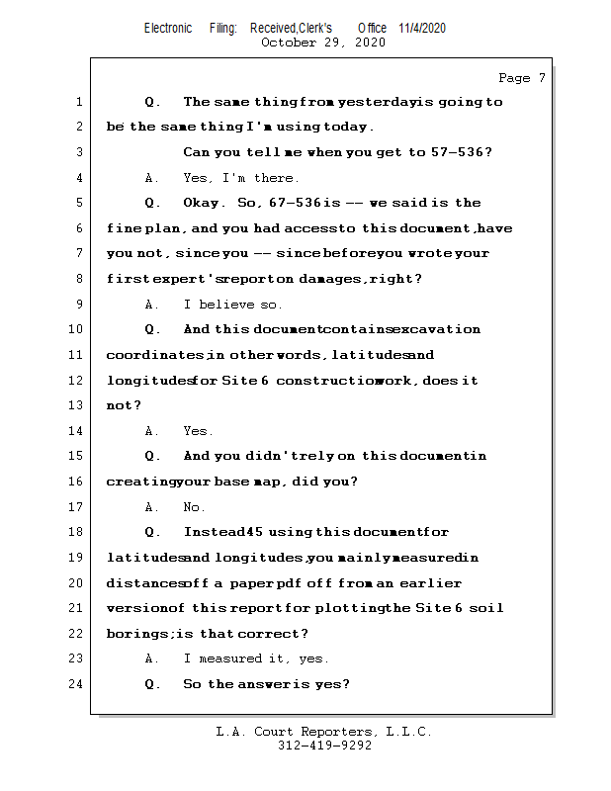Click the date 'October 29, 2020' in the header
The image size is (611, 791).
pyautogui.click(x=322, y=43)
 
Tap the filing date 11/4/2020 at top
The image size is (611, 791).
pyautogui.click(x=422, y=28)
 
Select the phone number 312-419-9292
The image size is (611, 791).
pyautogui.click(x=324, y=746)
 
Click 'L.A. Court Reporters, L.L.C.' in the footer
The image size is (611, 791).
pyautogui.click(x=323, y=732)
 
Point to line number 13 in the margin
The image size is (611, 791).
pyautogui.click(x=77, y=405)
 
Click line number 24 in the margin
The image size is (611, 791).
pyautogui.click(x=77, y=684)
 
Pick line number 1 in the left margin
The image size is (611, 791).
pyautogui.click(x=78, y=102)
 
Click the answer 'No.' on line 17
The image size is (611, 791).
pyautogui.click(x=195, y=507)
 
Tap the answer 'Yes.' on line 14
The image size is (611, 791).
pyautogui.click(x=198, y=431)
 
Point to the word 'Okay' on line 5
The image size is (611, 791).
pyautogui.click(x=204, y=203)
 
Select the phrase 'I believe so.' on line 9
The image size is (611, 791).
pyautogui.click(x=232, y=305)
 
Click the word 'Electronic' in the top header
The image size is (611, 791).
pyautogui.click(x=168, y=28)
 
